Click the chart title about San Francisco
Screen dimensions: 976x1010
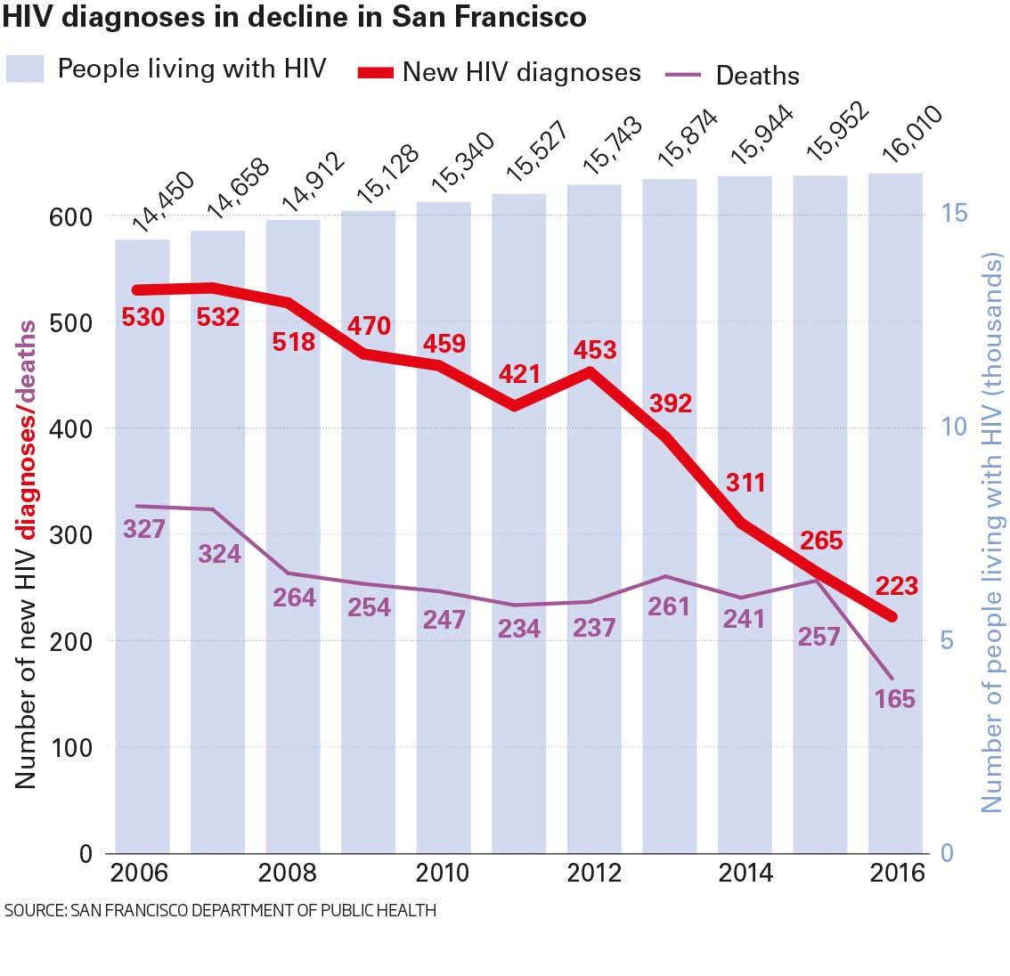(x=295, y=17)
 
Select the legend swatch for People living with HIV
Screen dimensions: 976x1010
(x=25, y=69)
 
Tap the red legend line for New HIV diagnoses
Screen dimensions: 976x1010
(x=375, y=73)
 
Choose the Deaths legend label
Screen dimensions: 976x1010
(x=757, y=76)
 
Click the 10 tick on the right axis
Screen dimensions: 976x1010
(x=954, y=427)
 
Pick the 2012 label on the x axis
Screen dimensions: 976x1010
(x=594, y=873)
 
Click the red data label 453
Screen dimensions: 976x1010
(x=595, y=349)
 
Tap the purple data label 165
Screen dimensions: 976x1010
(x=894, y=699)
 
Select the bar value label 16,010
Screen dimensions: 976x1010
(x=910, y=134)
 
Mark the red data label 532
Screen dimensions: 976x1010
(x=218, y=316)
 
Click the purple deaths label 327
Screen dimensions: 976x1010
(x=143, y=529)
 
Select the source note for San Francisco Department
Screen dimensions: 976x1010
(x=220, y=911)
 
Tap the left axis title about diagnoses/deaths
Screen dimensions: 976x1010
(x=27, y=554)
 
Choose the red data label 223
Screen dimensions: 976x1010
(x=896, y=586)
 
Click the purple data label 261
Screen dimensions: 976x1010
(x=669, y=606)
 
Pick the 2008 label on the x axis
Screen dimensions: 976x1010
(x=287, y=873)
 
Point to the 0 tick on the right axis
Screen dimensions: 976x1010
(x=948, y=853)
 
